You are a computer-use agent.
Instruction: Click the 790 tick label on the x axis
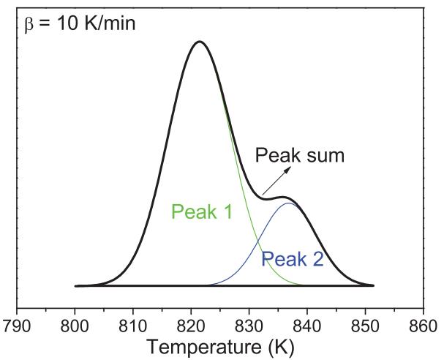(16, 323)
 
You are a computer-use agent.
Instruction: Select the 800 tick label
(74, 323)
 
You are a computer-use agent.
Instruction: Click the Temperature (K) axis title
(219, 345)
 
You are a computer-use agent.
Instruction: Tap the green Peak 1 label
(200, 211)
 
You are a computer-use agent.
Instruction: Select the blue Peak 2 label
(293, 258)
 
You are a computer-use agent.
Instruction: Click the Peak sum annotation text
(299, 155)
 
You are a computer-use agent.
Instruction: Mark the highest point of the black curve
(198, 41)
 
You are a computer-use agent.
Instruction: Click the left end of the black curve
(75, 285)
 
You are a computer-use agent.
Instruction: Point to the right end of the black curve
(373, 285)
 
